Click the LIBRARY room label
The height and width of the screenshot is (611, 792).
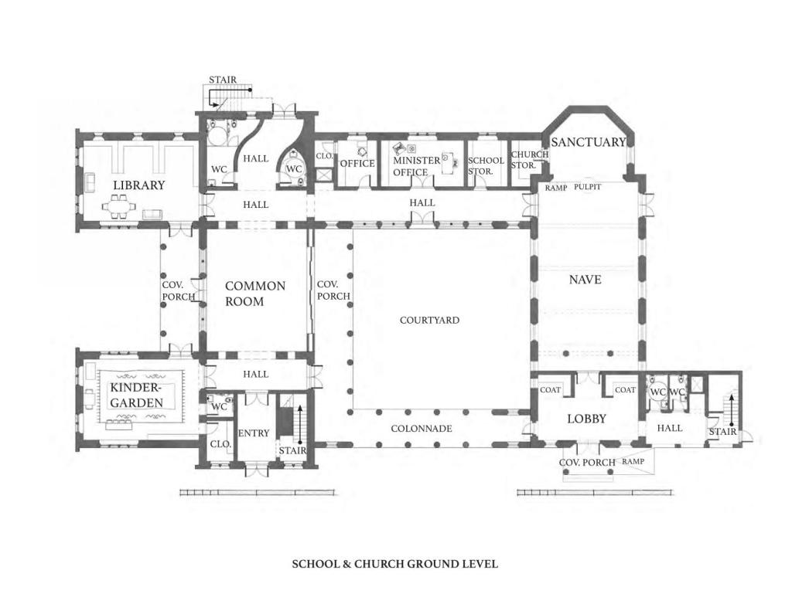(139, 185)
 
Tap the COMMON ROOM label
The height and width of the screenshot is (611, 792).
(255, 294)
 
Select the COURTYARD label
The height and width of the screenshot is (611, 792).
(429, 320)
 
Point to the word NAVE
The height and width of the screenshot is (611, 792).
(585, 280)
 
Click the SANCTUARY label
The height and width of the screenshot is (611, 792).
(589, 142)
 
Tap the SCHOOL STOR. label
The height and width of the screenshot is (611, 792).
(486, 165)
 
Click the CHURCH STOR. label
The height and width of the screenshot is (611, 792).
(529, 159)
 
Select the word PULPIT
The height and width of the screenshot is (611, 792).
(588, 187)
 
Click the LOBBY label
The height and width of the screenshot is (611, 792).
(586, 419)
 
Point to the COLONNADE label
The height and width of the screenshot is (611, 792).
(422, 429)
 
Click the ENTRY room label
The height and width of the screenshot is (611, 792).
(254, 433)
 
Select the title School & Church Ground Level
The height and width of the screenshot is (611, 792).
(395, 564)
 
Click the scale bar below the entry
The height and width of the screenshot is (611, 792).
(258, 492)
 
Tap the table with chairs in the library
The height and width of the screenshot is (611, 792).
(119, 207)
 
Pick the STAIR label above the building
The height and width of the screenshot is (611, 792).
(223, 80)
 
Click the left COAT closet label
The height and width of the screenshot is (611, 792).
(550, 389)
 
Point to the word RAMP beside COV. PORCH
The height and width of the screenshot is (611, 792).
(633, 461)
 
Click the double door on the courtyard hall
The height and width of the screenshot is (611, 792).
(422, 218)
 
